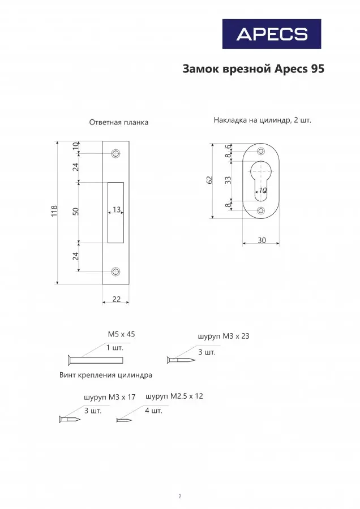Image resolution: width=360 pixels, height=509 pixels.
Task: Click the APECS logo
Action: tap(272, 34)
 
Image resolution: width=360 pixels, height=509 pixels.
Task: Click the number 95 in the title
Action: tap(317, 69)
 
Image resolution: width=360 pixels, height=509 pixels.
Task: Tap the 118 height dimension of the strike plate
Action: tap(54, 211)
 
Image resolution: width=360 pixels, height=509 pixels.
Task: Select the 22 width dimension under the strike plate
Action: tap(116, 299)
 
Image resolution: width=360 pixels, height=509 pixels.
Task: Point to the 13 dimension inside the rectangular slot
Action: tap(117, 209)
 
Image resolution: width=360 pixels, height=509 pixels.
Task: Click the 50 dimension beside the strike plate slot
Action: tap(76, 212)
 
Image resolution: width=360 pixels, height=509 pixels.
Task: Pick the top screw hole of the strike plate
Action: tap(115, 153)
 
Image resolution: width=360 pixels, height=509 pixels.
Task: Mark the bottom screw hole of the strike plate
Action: tap(115, 271)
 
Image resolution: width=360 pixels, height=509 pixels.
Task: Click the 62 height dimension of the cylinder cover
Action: tap(209, 180)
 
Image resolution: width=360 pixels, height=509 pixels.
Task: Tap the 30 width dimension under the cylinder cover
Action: tap(262, 240)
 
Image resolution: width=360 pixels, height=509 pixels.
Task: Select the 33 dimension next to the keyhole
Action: tap(229, 180)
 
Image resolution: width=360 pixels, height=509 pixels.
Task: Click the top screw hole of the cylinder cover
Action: tap(261, 151)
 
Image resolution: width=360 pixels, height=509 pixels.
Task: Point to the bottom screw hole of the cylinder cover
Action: tap(261, 211)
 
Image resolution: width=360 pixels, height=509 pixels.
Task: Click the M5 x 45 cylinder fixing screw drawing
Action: tap(96, 360)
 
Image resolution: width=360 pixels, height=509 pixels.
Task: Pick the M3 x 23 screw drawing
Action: tap(181, 360)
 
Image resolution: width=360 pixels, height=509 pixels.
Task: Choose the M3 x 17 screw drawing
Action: tap(70, 419)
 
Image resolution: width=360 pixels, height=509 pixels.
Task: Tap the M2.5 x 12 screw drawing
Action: tap(124, 420)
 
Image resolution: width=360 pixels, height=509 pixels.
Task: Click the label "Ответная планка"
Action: tap(119, 122)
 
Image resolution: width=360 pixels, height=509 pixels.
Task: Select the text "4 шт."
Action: tap(153, 411)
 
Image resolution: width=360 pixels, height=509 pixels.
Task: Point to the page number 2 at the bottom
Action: tap(180, 497)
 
